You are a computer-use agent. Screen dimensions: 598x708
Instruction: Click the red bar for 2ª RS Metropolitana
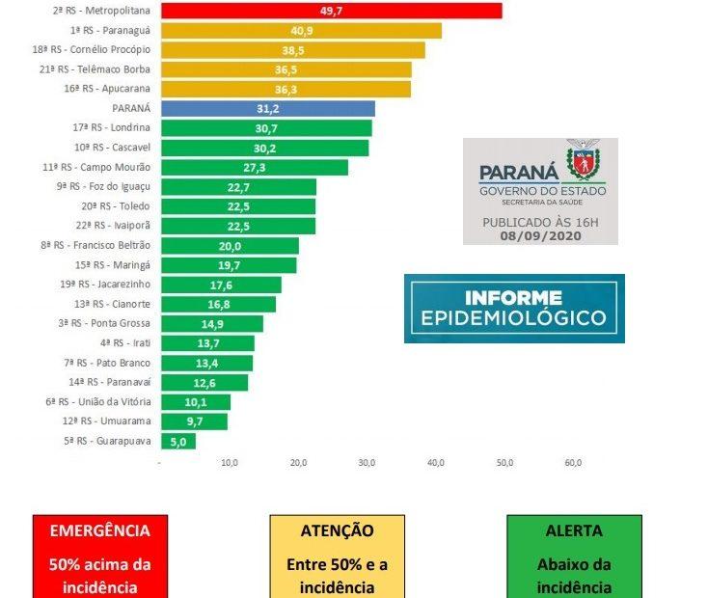point(331,11)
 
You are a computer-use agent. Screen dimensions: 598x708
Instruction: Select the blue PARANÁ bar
point(267,109)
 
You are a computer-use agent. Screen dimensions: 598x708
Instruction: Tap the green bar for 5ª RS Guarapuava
point(178,441)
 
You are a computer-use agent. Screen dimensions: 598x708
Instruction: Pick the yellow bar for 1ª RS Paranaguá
point(301,30)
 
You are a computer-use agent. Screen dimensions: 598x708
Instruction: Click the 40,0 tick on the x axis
point(436,464)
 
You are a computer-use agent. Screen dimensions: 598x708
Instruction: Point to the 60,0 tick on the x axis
point(573,464)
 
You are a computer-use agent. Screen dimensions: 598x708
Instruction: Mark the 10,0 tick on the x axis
point(230,464)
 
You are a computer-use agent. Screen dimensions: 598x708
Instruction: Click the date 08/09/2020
point(540,234)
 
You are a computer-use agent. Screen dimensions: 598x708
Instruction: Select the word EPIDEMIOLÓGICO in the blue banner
point(514,318)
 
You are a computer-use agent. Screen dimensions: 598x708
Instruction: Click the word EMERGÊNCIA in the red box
point(99,530)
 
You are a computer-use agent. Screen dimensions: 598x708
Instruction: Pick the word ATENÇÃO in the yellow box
point(337,530)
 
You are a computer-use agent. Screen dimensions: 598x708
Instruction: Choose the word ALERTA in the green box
point(573,530)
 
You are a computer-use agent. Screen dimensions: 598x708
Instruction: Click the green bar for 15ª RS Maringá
point(229,264)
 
